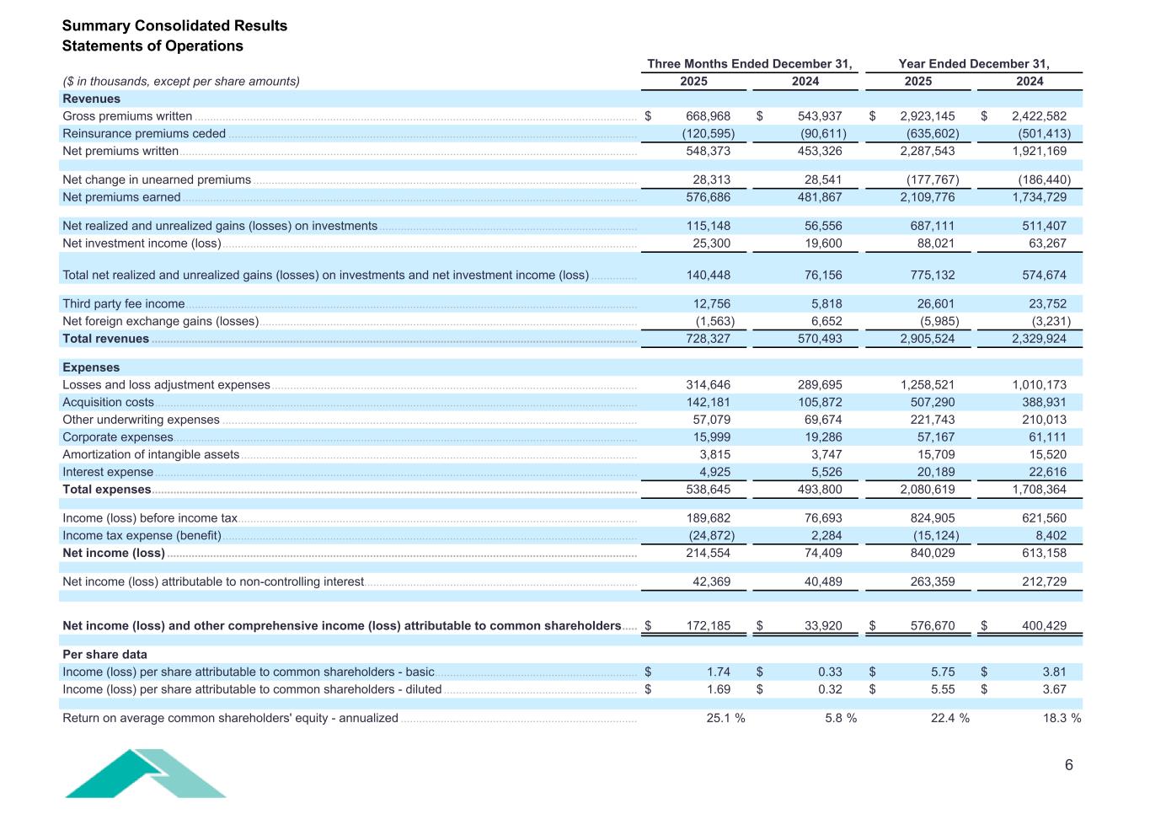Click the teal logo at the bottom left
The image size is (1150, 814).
(145, 773)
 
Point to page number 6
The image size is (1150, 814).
(1069, 765)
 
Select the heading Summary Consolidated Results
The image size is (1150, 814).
(174, 25)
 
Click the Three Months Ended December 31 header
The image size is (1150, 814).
(749, 64)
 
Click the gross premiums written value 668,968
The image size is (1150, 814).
(708, 116)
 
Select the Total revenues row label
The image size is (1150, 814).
(105, 339)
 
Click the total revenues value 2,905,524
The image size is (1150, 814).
(927, 339)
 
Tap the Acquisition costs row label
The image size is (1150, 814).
(108, 402)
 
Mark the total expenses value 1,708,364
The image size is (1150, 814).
(1039, 490)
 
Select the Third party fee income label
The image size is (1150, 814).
(123, 304)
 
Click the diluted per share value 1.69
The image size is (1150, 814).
(718, 689)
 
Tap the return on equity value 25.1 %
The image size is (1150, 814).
(725, 718)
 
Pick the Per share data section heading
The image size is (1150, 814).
(104, 655)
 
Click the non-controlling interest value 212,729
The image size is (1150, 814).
(1042, 581)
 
